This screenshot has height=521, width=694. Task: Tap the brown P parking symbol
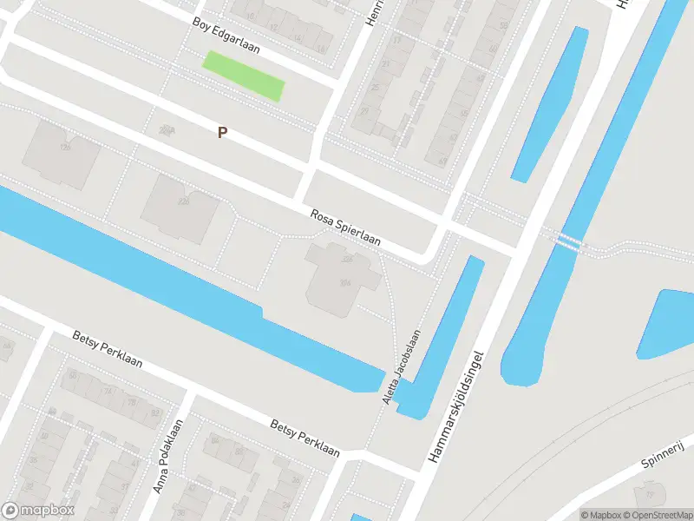point(223,132)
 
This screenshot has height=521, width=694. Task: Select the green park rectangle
point(243,76)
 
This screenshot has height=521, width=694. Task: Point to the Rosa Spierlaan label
point(345,228)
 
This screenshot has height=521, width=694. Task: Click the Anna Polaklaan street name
point(168,457)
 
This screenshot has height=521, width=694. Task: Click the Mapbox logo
point(38,511)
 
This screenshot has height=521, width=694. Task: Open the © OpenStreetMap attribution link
point(657,514)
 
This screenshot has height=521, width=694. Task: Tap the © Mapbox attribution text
point(600,514)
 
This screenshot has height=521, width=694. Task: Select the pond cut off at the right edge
point(668,323)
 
